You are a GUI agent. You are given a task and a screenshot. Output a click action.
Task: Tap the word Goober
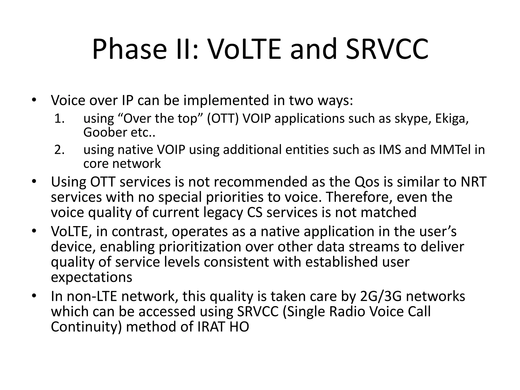[105, 132]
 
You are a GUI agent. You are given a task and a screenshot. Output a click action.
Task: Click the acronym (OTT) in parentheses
[223, 119]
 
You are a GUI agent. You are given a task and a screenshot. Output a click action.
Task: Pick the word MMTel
[449, 150]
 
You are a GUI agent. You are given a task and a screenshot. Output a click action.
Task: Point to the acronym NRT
[474, 182]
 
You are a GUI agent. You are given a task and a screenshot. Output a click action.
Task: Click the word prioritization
[200, 247]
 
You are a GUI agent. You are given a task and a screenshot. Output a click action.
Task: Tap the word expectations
[91, 277]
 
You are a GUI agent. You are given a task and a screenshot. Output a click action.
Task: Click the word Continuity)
[86, 327]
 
